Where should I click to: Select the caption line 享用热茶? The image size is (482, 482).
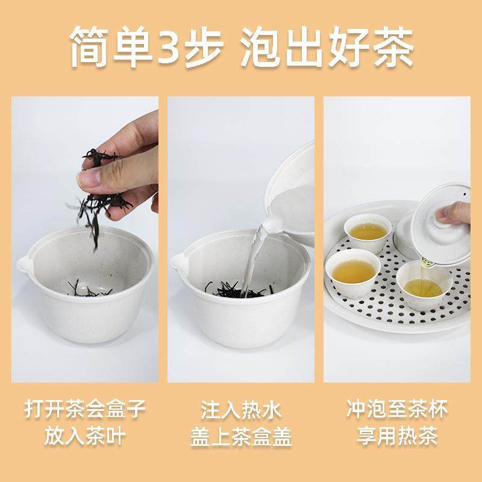pos(396,436)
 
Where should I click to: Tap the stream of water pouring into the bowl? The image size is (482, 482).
pos(253,253)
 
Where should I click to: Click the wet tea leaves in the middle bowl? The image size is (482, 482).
pos(238,288)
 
